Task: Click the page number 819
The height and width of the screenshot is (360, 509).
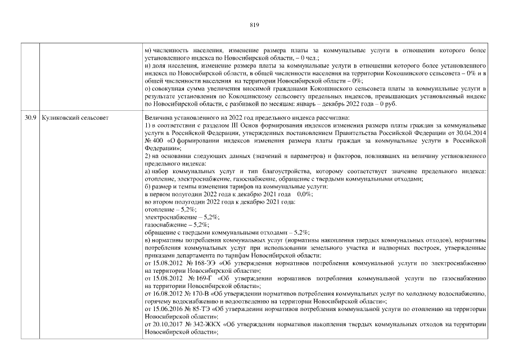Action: click(x=253, y=24)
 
